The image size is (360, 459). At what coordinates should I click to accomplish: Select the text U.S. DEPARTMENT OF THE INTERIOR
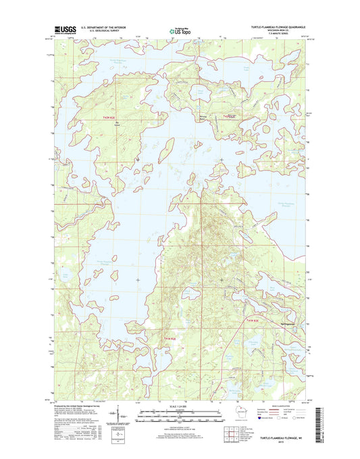pyautogui.click(x=103, y=27)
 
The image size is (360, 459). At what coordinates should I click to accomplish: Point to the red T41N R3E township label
pyautogui.click(x=252, y=320)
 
